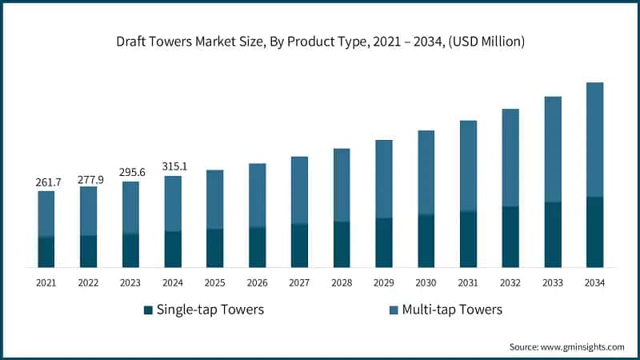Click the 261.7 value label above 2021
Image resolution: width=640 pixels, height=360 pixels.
(x=46, y=183)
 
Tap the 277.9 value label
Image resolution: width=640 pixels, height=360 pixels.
(x=88, y=179)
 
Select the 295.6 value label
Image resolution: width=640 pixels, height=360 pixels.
(x=130, y=173)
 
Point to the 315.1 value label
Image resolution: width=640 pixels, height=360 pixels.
(x=173, y=166)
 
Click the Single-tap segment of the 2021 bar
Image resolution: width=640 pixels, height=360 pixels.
(x=46, y=251)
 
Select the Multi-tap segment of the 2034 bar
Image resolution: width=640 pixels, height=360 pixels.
(x=594, y=139)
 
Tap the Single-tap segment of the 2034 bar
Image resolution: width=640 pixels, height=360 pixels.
(x=594, y=231)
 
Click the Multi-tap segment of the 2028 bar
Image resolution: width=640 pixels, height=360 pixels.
(x=342, y=185)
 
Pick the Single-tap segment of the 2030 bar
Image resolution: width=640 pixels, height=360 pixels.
(x=426, y=240)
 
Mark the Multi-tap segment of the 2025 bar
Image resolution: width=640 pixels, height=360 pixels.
(x=214, y=199)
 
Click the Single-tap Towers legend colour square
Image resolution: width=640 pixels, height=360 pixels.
(x=147, y=310)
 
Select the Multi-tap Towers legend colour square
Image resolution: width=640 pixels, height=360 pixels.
(x=393, y=310)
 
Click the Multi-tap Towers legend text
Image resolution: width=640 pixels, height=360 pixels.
(x=452, y=310)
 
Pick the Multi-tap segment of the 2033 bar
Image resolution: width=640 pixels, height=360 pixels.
(x=552, y=150)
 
